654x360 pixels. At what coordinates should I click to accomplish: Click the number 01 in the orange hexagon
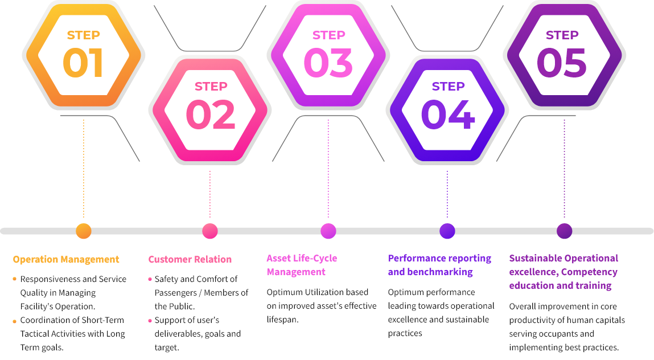[x=83, y=62]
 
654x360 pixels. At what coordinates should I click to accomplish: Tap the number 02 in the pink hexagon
[x=210, y=114]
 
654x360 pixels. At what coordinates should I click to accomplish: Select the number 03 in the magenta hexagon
[x=328, y=62]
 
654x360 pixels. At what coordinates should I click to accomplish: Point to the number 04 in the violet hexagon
[x=447, y=114]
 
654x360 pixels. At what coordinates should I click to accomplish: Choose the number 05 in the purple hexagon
[x=562, y=62]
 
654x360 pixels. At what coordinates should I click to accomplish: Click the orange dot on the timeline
[x=84, y=231]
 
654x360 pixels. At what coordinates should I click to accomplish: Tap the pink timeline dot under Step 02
[x=210, y=231]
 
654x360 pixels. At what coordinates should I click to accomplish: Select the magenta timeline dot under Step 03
[x=328, y=231]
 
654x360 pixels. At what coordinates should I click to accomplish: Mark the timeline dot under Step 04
[x=447, y=231]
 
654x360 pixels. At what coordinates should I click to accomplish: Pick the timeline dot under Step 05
[x=564, y=231]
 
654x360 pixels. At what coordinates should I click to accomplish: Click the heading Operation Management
[x=66, y=260]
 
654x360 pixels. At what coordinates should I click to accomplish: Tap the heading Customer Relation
[x=190, y=260]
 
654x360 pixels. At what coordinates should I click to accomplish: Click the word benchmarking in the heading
[x=439, y=272]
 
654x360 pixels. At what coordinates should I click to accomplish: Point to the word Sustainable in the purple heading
[x=536, y=259]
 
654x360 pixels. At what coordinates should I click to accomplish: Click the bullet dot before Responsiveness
[x=14, y=279]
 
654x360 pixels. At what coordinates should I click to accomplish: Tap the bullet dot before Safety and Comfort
[x=150, y=279]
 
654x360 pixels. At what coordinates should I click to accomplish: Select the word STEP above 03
[x=328, y=35]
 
